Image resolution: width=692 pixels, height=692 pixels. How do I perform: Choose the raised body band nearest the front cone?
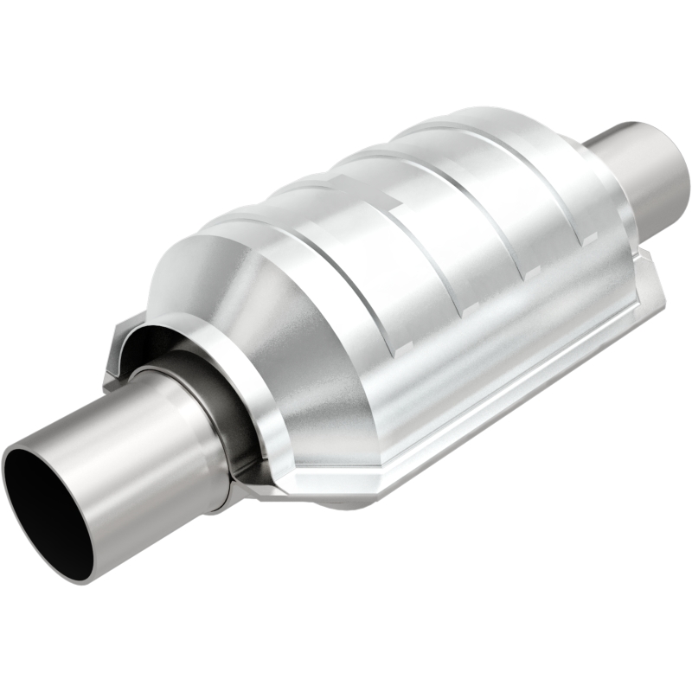[x=285, y=234]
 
